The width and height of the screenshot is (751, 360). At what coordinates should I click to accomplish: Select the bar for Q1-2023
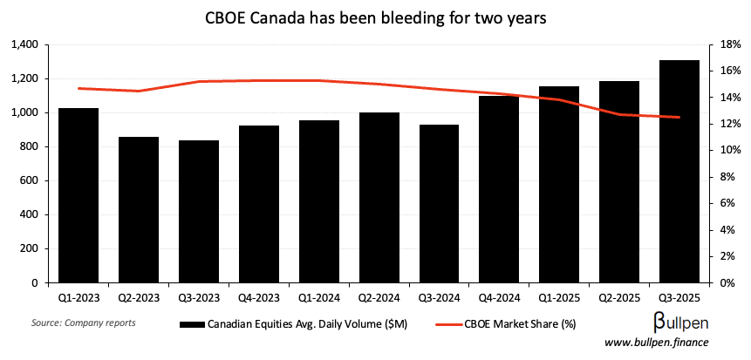coord(78,195)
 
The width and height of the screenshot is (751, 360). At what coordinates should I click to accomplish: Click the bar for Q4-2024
coord(498,189)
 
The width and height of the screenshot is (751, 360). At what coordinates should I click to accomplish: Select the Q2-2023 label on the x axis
coord(138,297)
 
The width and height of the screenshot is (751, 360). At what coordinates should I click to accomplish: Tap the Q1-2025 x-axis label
coord(558,297)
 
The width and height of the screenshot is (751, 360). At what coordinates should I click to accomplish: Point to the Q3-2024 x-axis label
coord(438,297)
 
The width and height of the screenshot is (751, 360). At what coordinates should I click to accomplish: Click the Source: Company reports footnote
coord(71,323)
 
